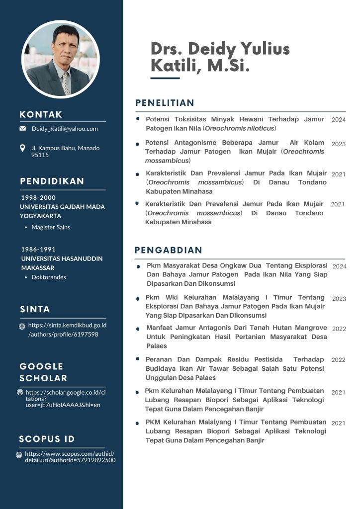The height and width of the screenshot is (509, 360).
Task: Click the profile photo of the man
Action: (x=61, y=59)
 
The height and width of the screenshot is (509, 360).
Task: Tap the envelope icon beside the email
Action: (x=22, y=129)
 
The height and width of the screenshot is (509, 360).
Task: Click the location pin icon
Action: (x=22, y=148)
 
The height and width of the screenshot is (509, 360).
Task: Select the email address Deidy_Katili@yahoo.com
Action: (x=65, y=129)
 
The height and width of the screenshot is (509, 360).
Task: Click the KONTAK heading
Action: (x=41, y=115)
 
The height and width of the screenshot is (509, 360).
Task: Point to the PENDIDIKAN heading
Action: (x=52, y=181)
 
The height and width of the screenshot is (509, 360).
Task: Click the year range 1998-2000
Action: (x=38, y=197)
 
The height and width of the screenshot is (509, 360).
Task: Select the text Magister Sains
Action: (x=51, y=227)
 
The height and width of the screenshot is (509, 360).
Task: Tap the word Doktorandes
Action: (x=49, y=277)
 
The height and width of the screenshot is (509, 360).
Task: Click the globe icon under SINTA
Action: (x=22, y=327)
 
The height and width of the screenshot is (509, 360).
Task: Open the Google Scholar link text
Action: (x=63, y=398)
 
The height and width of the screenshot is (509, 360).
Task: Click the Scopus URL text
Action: (x=70, y=457)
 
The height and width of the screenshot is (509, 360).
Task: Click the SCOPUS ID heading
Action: (x=47, y=439)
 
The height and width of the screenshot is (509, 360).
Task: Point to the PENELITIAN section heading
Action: (x=165, y=103)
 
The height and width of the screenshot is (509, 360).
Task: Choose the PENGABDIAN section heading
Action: (x=169, y=250)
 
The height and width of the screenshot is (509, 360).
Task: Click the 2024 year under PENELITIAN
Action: (x=339, y=120)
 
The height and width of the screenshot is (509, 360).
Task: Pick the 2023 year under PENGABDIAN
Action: (x=339, y=299)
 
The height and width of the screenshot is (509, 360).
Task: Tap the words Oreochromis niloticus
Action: (x=240, y=128)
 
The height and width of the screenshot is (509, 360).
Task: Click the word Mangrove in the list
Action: (x=308, y=328)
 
